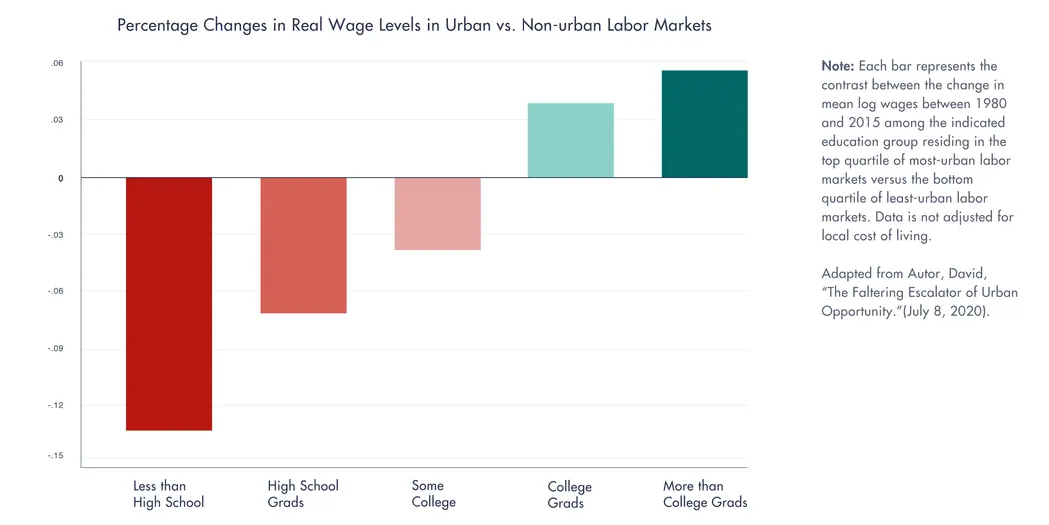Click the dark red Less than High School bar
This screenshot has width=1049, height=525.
pos(168,304)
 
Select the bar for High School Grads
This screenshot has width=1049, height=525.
pos(303,245)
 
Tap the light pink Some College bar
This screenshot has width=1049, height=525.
pos(437,213)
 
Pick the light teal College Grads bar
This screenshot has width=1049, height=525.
pos(570,140)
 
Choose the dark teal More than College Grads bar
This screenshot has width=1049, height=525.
pos(704,124)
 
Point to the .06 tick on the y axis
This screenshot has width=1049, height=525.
pos(57,64)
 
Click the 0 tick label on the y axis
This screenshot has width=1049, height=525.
pos(60,178)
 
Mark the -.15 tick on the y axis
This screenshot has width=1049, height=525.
pos(57,456)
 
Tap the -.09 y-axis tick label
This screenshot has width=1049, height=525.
pos(57,349)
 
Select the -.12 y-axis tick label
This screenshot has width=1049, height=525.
pos(57,405)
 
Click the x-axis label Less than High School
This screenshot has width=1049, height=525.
pos(168,494)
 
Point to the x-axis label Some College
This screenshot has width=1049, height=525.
pos(433,494)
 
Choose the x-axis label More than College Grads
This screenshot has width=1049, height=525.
pos(704,494)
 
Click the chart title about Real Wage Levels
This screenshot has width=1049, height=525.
pos(415,25)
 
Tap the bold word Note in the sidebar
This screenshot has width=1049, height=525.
pos(837,66)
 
